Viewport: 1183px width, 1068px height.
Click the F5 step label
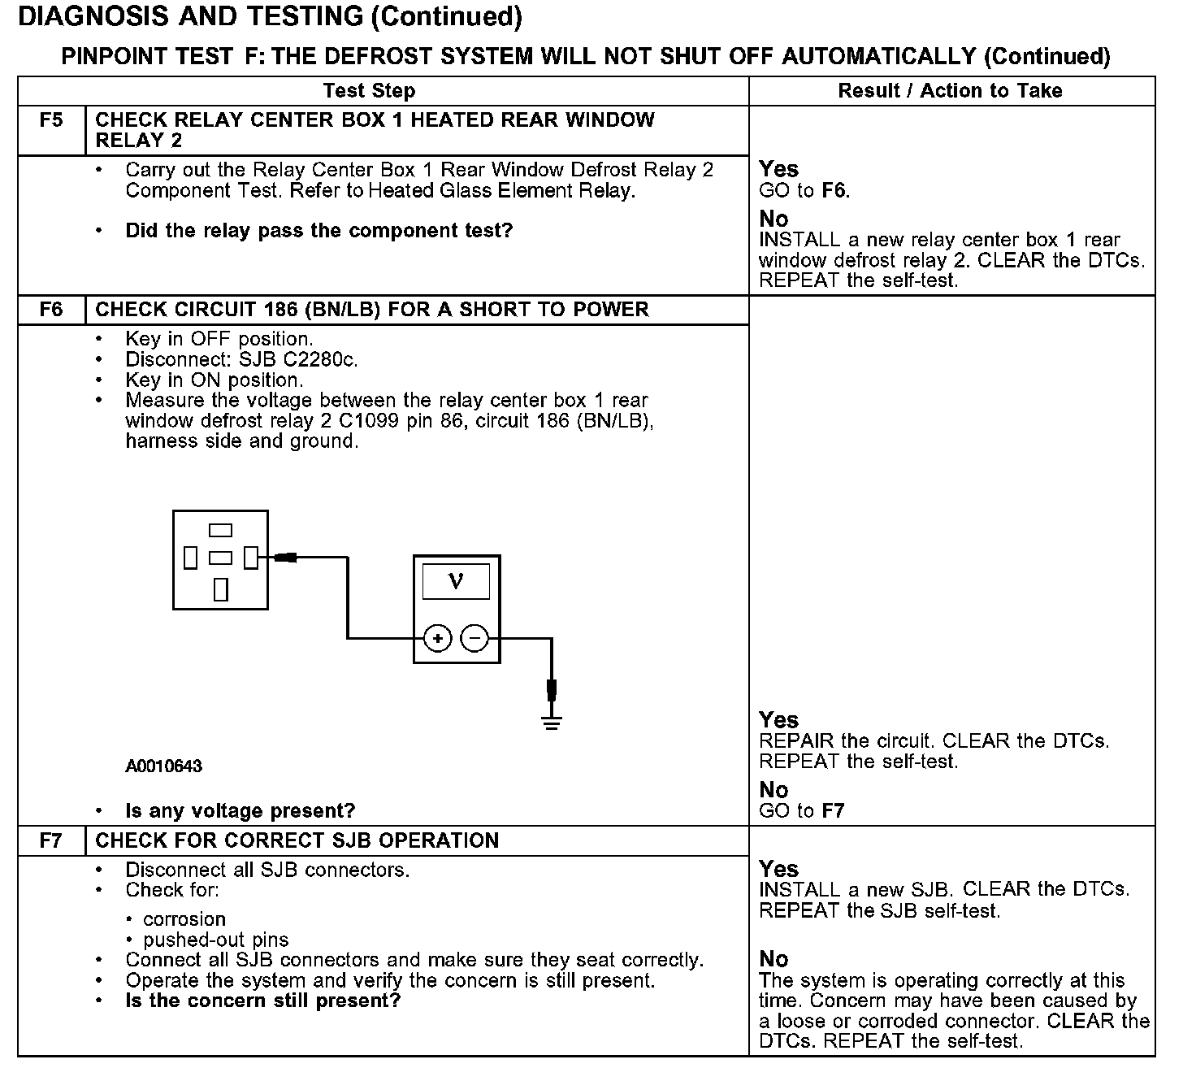(x=50, y=120)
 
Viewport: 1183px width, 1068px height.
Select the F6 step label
(x=50, y=310)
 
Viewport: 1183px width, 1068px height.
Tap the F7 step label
(x=50, y=840)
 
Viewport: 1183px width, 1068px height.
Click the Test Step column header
(x=369, y=90)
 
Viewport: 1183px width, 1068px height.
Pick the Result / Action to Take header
(x=950, y=90)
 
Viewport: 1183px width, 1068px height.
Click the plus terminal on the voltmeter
(x=437, y=639)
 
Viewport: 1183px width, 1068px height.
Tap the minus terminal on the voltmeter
(x=474, y=639)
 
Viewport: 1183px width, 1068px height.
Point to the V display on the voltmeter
(x=456, y=582)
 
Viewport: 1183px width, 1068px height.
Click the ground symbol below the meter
(x=552, y=723)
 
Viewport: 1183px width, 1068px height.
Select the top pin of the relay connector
(x=220, y=531)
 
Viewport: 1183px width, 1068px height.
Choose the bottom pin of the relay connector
(x=220, y=589)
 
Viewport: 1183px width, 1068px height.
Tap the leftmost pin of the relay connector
(x=191, y=558)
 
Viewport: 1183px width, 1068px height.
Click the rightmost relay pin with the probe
(x=251, y=558)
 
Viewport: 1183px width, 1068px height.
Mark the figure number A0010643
(x=163, y=766)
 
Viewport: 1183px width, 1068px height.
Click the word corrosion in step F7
(x=184, y=919)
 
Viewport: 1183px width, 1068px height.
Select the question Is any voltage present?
(x=240, y=810)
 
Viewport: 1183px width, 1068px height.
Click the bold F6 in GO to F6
(x=834, y=191)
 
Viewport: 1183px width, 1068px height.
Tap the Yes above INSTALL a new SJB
(x=778, y=868)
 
